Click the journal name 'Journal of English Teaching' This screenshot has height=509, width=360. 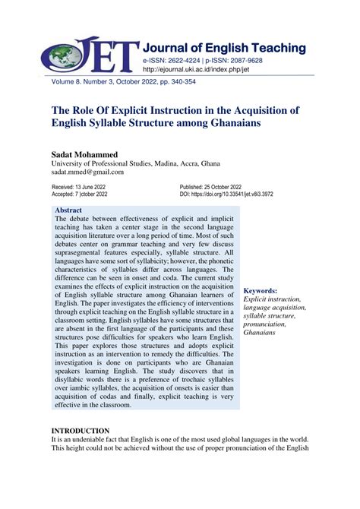223,48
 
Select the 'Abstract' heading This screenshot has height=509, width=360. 69,210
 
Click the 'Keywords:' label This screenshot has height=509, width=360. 261,291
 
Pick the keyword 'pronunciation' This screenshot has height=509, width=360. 266,324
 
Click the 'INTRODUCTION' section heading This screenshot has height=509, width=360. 81,431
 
